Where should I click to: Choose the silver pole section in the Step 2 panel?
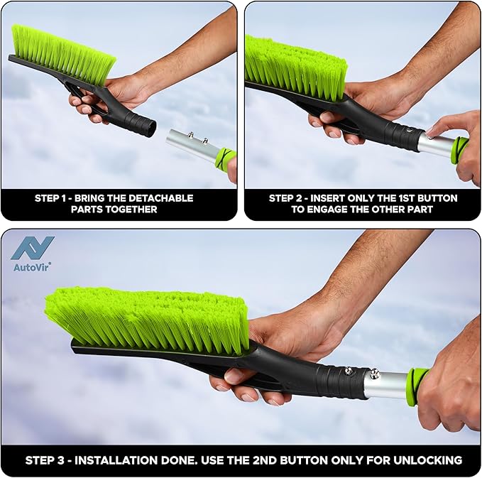pos(434,144)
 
